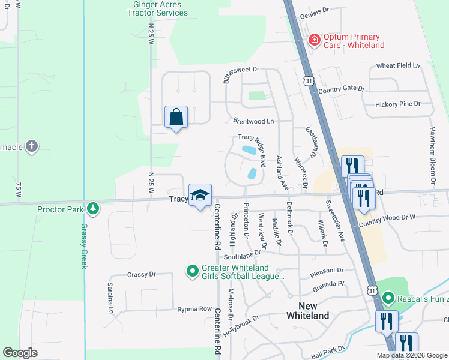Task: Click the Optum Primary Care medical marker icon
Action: click(313, 40)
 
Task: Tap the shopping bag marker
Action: click(176, 116)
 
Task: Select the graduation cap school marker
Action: click(200, 194)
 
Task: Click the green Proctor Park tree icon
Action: click(92, 209)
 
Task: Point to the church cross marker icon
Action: click(31, 146)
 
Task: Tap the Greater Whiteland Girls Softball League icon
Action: click(193, 272)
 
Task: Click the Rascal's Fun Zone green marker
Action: click(388, 298)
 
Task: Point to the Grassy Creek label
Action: click(83, 246)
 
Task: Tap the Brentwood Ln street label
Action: click(249, 121)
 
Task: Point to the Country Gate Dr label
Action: click(341, 89)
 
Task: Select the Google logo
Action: click(20, 353)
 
